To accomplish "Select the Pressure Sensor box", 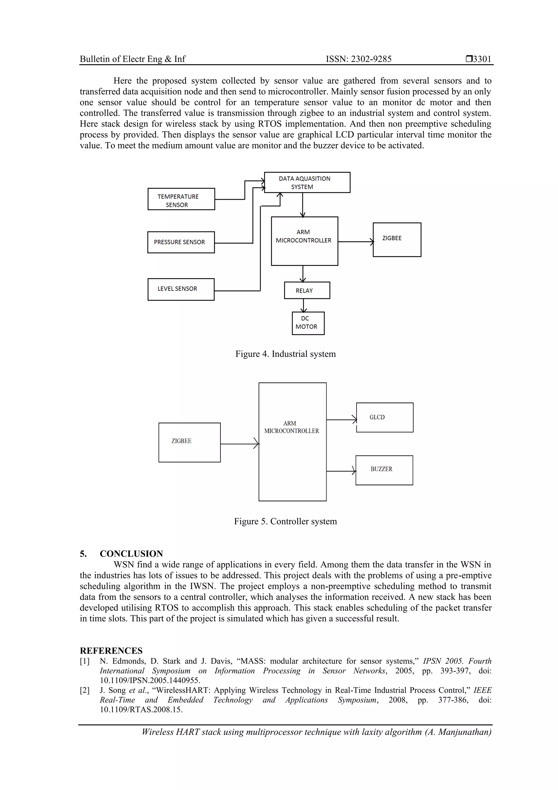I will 181,242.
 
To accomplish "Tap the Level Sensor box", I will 181,289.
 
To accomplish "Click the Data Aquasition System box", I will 307,182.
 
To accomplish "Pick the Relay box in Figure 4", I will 307,290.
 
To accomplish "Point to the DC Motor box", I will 308,323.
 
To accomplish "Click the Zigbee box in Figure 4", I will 397,239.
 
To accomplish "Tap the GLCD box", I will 385,417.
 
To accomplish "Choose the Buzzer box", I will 384,470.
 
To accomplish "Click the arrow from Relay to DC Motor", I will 303,305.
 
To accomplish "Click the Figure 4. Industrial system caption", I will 285,354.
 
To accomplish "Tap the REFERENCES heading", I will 111,651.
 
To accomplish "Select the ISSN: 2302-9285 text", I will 359,59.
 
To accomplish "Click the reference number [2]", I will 84,690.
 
